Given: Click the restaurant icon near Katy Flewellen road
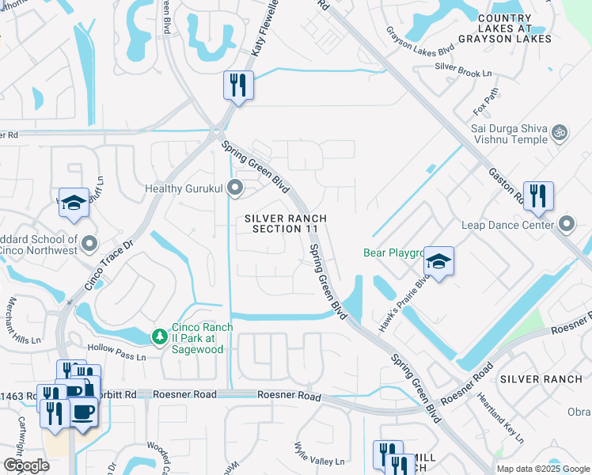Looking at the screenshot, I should coord(238,84).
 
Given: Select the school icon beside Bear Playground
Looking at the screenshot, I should coord(439,260).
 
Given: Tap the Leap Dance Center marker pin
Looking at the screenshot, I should coord(566,225).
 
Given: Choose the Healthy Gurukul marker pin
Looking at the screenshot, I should coord(234,188).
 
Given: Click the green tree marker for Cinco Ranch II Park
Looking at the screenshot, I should coord(160,336).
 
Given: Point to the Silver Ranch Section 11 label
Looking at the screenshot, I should coord(285,223).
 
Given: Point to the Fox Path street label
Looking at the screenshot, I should coord(485,102).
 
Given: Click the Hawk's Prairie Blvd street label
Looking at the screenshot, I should coord(408,294).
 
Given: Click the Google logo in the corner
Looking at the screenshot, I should coord(26,465).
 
